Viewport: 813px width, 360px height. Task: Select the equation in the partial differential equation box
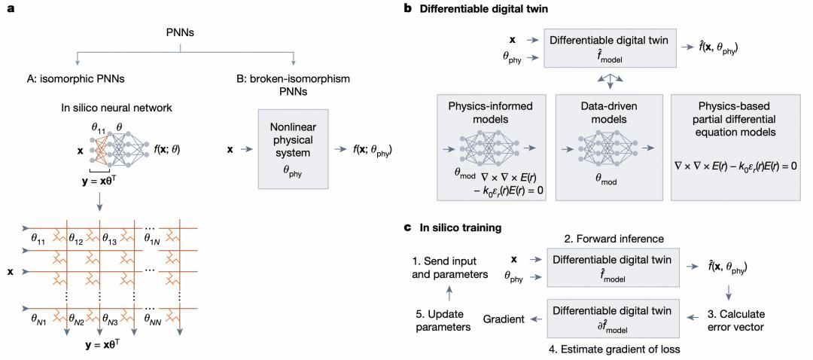739,161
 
